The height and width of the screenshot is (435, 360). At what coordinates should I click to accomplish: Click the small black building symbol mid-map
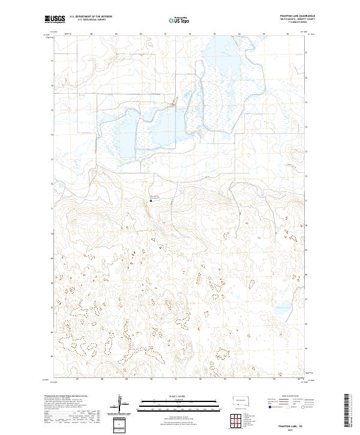click(x=151, y=200)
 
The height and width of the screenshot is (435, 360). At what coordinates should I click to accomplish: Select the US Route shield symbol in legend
click(x=289, y=406)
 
